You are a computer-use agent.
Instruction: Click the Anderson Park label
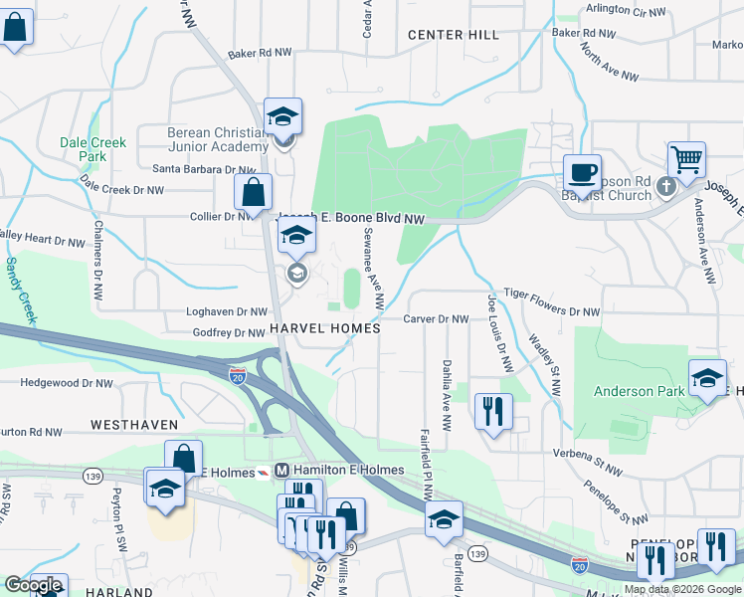[640, 391]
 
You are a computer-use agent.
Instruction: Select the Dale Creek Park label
[93, 149]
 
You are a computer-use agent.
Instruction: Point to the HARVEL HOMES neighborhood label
[324, 328]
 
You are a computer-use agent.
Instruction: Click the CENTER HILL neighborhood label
[454, 35]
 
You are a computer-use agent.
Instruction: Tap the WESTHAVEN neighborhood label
[134, 424]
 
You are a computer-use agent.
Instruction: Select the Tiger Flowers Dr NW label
[552, 311]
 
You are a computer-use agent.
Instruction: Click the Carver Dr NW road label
[437, 319]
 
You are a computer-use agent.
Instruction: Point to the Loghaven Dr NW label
[230, 311]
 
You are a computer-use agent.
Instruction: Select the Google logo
[33, 586]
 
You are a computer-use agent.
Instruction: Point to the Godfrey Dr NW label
[230, 333]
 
